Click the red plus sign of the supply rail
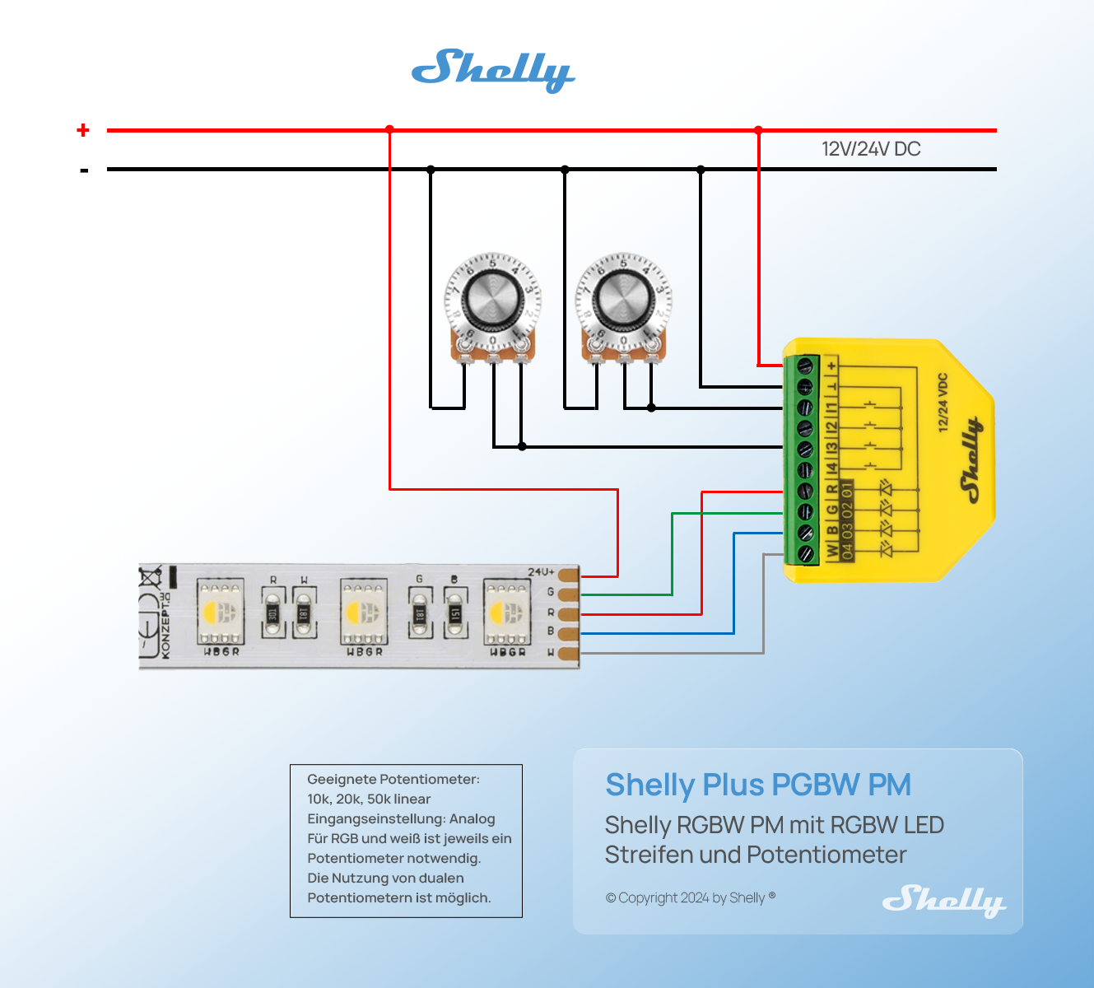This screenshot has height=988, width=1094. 83,130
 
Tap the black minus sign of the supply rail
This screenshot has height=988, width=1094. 84,170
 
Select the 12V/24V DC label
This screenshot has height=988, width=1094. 871,149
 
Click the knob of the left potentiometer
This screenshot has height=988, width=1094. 492,298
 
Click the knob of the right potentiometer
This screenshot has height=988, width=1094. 623,298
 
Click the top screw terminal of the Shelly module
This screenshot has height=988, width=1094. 805,365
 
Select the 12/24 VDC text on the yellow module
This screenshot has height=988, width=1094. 943,403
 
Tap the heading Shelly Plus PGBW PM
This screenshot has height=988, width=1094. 758,785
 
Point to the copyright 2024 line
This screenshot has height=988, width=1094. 690,897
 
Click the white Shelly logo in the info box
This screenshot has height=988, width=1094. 943,900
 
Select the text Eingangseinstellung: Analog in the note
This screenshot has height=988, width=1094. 401,819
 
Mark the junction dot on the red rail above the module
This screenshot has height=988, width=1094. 758,130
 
